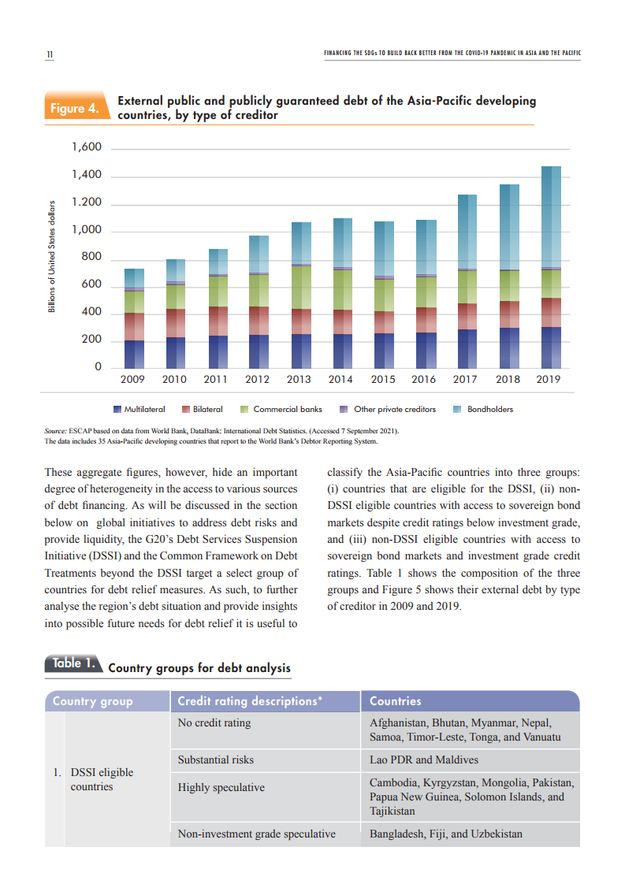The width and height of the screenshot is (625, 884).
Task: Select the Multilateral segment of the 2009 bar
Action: tap(134, 354)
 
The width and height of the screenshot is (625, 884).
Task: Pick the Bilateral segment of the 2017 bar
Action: tap(467, 316)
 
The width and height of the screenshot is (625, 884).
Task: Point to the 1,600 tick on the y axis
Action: tap(87, 147)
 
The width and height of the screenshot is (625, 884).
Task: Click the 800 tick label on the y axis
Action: tap(91, 258)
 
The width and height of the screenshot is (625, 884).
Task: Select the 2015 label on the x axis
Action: tap(383, 380)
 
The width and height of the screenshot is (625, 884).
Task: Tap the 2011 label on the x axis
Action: tap(215, 380)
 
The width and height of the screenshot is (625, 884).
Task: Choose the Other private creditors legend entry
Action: tap(394, 410)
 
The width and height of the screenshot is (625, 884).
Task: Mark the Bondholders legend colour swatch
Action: tap(456, 410)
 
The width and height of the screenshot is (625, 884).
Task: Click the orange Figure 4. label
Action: tap(75, 109)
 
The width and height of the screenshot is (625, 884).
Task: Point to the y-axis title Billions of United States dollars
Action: tap(51, 257)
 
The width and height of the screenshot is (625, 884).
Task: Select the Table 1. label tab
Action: tap(73, 664)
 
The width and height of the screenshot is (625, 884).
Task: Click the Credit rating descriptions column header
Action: tap(250, 701)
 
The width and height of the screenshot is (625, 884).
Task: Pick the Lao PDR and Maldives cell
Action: tap(423, 760)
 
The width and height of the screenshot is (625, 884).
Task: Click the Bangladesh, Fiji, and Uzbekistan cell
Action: tap(445, 834)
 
